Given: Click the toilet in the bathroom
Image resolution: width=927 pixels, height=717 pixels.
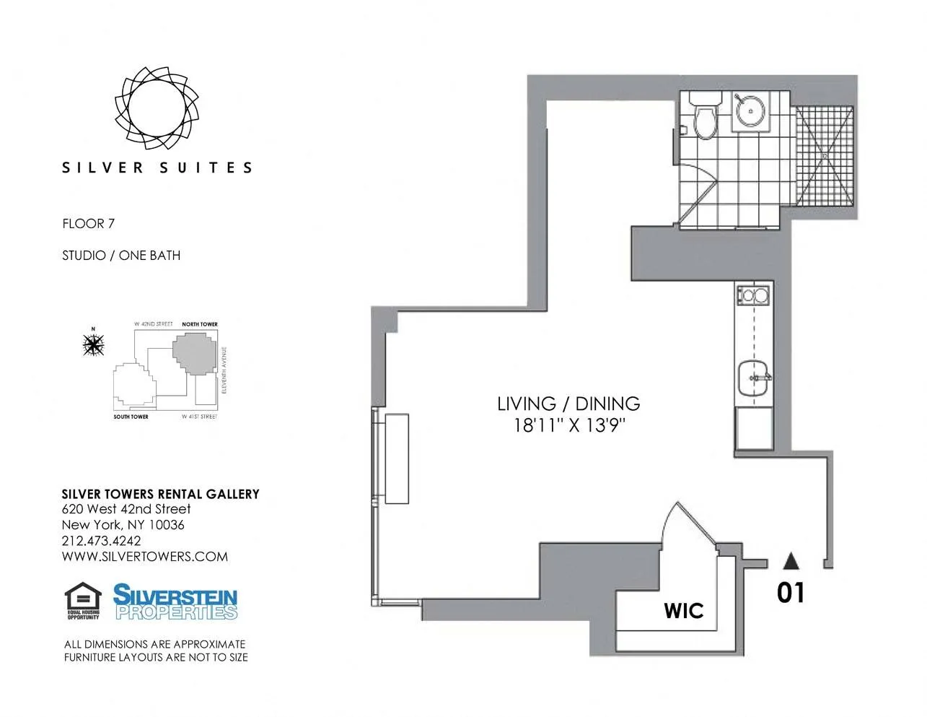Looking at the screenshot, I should [x=705, y=116].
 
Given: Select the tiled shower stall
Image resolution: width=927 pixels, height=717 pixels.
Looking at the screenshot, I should [x=825, y=156].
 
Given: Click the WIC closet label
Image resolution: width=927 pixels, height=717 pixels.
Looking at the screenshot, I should [x=683, y=611].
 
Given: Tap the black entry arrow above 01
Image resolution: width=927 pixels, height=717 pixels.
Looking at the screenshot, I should [x=791, y=560].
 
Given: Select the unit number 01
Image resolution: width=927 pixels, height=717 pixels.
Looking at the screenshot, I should [x=791, y=593].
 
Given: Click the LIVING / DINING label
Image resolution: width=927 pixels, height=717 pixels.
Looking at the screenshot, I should [x=568, y=404].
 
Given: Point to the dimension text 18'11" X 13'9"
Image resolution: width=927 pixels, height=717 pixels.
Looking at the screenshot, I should [x=568, y=425].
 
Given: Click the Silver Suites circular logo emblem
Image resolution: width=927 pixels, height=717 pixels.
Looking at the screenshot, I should [x=157, y=108].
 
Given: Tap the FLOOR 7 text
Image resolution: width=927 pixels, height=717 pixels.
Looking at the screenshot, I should [x=88, y=224].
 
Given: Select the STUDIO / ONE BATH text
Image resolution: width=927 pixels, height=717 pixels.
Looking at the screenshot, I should [x=121, y=256].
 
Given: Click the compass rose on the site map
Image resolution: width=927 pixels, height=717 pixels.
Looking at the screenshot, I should [x=93, y=345].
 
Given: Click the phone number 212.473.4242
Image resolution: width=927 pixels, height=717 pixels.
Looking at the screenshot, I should [x=101, y=541].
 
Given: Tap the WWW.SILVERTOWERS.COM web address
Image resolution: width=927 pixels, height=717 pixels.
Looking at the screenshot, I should [x=144, y=557].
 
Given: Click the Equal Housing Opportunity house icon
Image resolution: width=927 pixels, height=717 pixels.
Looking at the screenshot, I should [x=83, y=599].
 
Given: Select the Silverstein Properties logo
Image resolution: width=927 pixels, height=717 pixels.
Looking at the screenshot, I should [x=175, y=603].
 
